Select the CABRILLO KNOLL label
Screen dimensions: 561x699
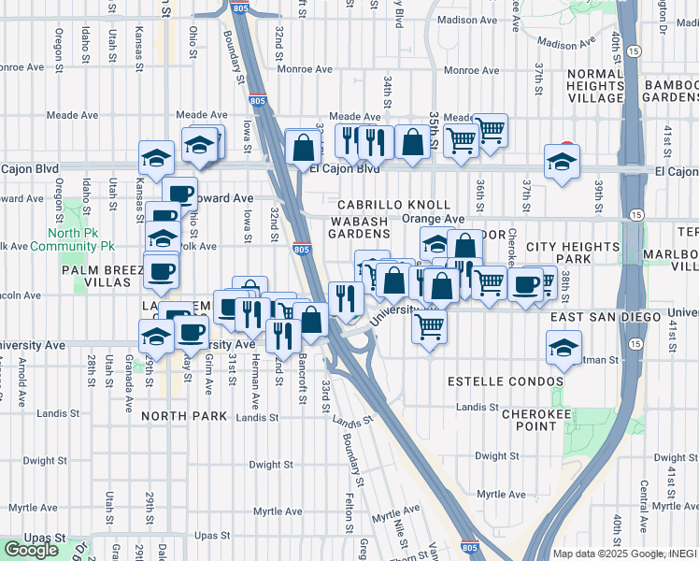(x=394, y=205)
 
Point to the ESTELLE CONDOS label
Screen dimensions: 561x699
(x=506, y=381)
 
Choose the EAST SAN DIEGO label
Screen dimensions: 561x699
(x=606, y=319)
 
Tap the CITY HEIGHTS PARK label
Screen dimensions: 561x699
(x=573, y=252)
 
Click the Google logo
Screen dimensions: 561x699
(x=31, y=550)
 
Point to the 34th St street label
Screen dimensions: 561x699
(x=386, y=96)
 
